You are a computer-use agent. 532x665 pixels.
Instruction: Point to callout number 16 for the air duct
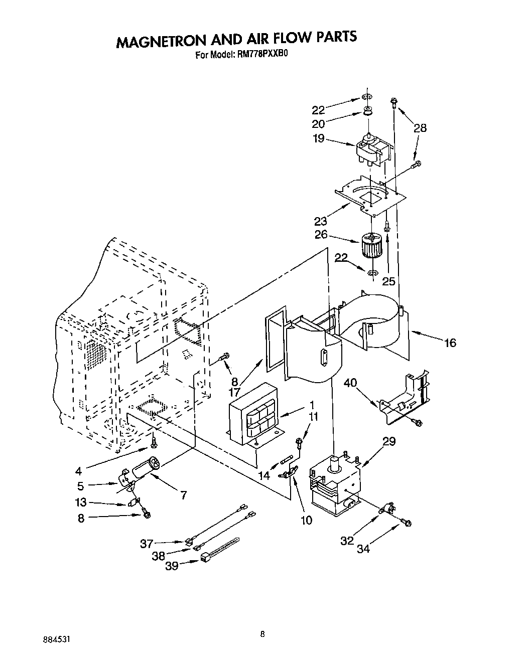pyautogui.click(x=450, y=343)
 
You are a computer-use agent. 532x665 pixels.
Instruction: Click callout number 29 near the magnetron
pyautogui.click(x=389, y=441)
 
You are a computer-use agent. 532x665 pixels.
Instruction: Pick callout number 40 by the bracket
pyautogui.click(x=364, y=384)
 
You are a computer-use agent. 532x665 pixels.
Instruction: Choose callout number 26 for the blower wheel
pyautogui.click(x=321, y=234)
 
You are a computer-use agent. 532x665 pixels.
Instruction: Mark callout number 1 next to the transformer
pyautogui.click(x=312, y=404)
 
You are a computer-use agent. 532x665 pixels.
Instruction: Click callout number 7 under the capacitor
pyautogui.click(x=184, y=495)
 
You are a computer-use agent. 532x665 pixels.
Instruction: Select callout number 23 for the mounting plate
pyautogui.click(x=321, y=221)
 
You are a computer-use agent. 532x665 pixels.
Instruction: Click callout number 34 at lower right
pyautogui.click(x=363, y=549)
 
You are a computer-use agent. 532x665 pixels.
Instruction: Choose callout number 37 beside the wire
pyautogui.click(x=147, y=542)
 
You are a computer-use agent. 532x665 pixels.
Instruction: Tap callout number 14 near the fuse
pyautogui.click(x=263, y=475)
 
